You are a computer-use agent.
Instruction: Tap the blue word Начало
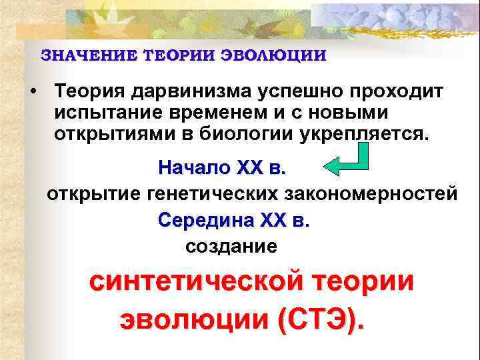(193, 167)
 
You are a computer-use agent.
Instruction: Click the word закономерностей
(371, 194)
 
